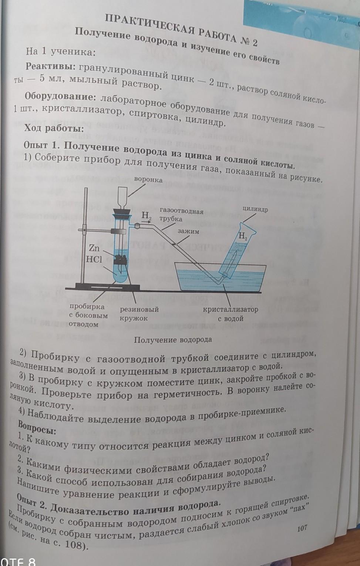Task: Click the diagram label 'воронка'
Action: click(x=148, y=180)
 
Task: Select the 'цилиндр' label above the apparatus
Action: click(x=255, y=209)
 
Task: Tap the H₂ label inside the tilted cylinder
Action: click(x=243, y=236)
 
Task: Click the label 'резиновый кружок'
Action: click(x=139, y=313)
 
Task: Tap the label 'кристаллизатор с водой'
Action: click(x=230, y=313)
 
